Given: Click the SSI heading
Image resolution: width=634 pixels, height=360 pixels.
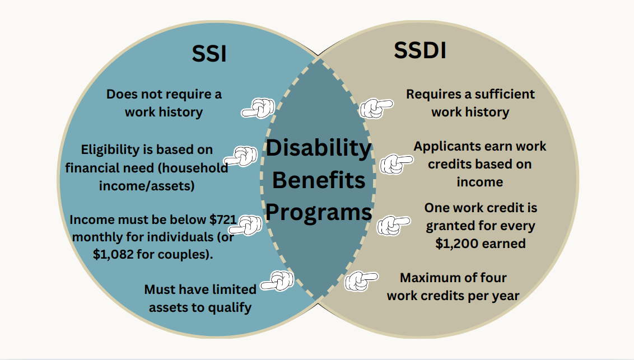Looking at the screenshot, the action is point(209,54).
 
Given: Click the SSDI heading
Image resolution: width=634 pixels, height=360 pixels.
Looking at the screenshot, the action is point(420,50).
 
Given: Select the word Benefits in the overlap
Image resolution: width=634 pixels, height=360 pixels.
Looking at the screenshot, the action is point(319,180).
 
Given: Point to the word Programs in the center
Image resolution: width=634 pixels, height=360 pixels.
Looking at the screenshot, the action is point(319,213).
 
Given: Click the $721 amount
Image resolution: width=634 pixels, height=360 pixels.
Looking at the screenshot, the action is point(223,219).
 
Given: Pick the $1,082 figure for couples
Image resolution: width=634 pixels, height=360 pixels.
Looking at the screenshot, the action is point(113,254).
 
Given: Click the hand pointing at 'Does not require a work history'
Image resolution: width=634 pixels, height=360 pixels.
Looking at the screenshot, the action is point(258,108).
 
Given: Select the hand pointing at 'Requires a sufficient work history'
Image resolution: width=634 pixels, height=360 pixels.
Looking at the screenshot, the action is point(376,108).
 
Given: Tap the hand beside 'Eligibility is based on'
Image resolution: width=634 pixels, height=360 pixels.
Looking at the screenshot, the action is point(241,156).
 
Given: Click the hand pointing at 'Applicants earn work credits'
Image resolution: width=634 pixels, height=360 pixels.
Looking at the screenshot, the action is point(397,164).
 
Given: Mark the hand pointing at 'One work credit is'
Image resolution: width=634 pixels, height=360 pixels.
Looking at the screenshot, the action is point(394,225).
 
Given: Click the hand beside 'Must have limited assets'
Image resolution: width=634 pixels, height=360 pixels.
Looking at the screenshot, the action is point(277,281).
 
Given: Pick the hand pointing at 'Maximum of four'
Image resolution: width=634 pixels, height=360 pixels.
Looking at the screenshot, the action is point(361,281).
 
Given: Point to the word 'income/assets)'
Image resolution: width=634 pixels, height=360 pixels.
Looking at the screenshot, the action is point(147,186).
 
